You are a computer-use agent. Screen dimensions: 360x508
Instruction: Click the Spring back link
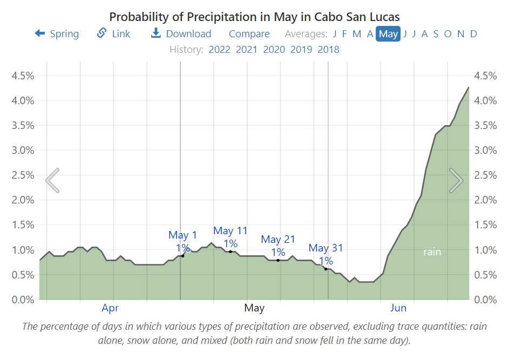[57, 33]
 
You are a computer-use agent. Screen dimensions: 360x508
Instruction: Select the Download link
[181, 33]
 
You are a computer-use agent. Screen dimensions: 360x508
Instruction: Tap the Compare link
[249, 33]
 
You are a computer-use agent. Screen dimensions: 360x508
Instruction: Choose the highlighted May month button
[388, 33]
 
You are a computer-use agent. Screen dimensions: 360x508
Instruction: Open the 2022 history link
[219, 50]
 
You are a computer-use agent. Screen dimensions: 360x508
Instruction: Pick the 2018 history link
[328, 50]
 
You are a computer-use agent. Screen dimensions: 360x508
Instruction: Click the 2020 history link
[274, 50]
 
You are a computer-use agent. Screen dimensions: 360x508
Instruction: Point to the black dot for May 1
[182, 256]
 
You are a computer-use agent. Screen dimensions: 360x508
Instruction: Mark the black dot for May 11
[231, 252]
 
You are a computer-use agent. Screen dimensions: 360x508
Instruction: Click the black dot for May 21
[278, 260]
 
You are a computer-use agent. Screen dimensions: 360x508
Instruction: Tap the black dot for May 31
[326, 269]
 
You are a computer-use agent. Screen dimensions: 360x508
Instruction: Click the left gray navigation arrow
[52, 180]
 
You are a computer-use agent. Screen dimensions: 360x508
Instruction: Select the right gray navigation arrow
[456, 180]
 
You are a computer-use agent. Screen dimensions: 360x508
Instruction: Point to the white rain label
[432, 252]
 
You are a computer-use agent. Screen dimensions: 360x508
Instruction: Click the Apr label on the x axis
[110, 308]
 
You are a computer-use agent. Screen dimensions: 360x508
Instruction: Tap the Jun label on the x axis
[398, 308]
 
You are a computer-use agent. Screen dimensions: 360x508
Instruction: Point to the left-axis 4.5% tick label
[23, 76]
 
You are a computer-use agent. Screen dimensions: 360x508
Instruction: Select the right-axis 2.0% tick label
[485, 200]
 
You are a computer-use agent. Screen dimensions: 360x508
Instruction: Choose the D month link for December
[473, 33]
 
